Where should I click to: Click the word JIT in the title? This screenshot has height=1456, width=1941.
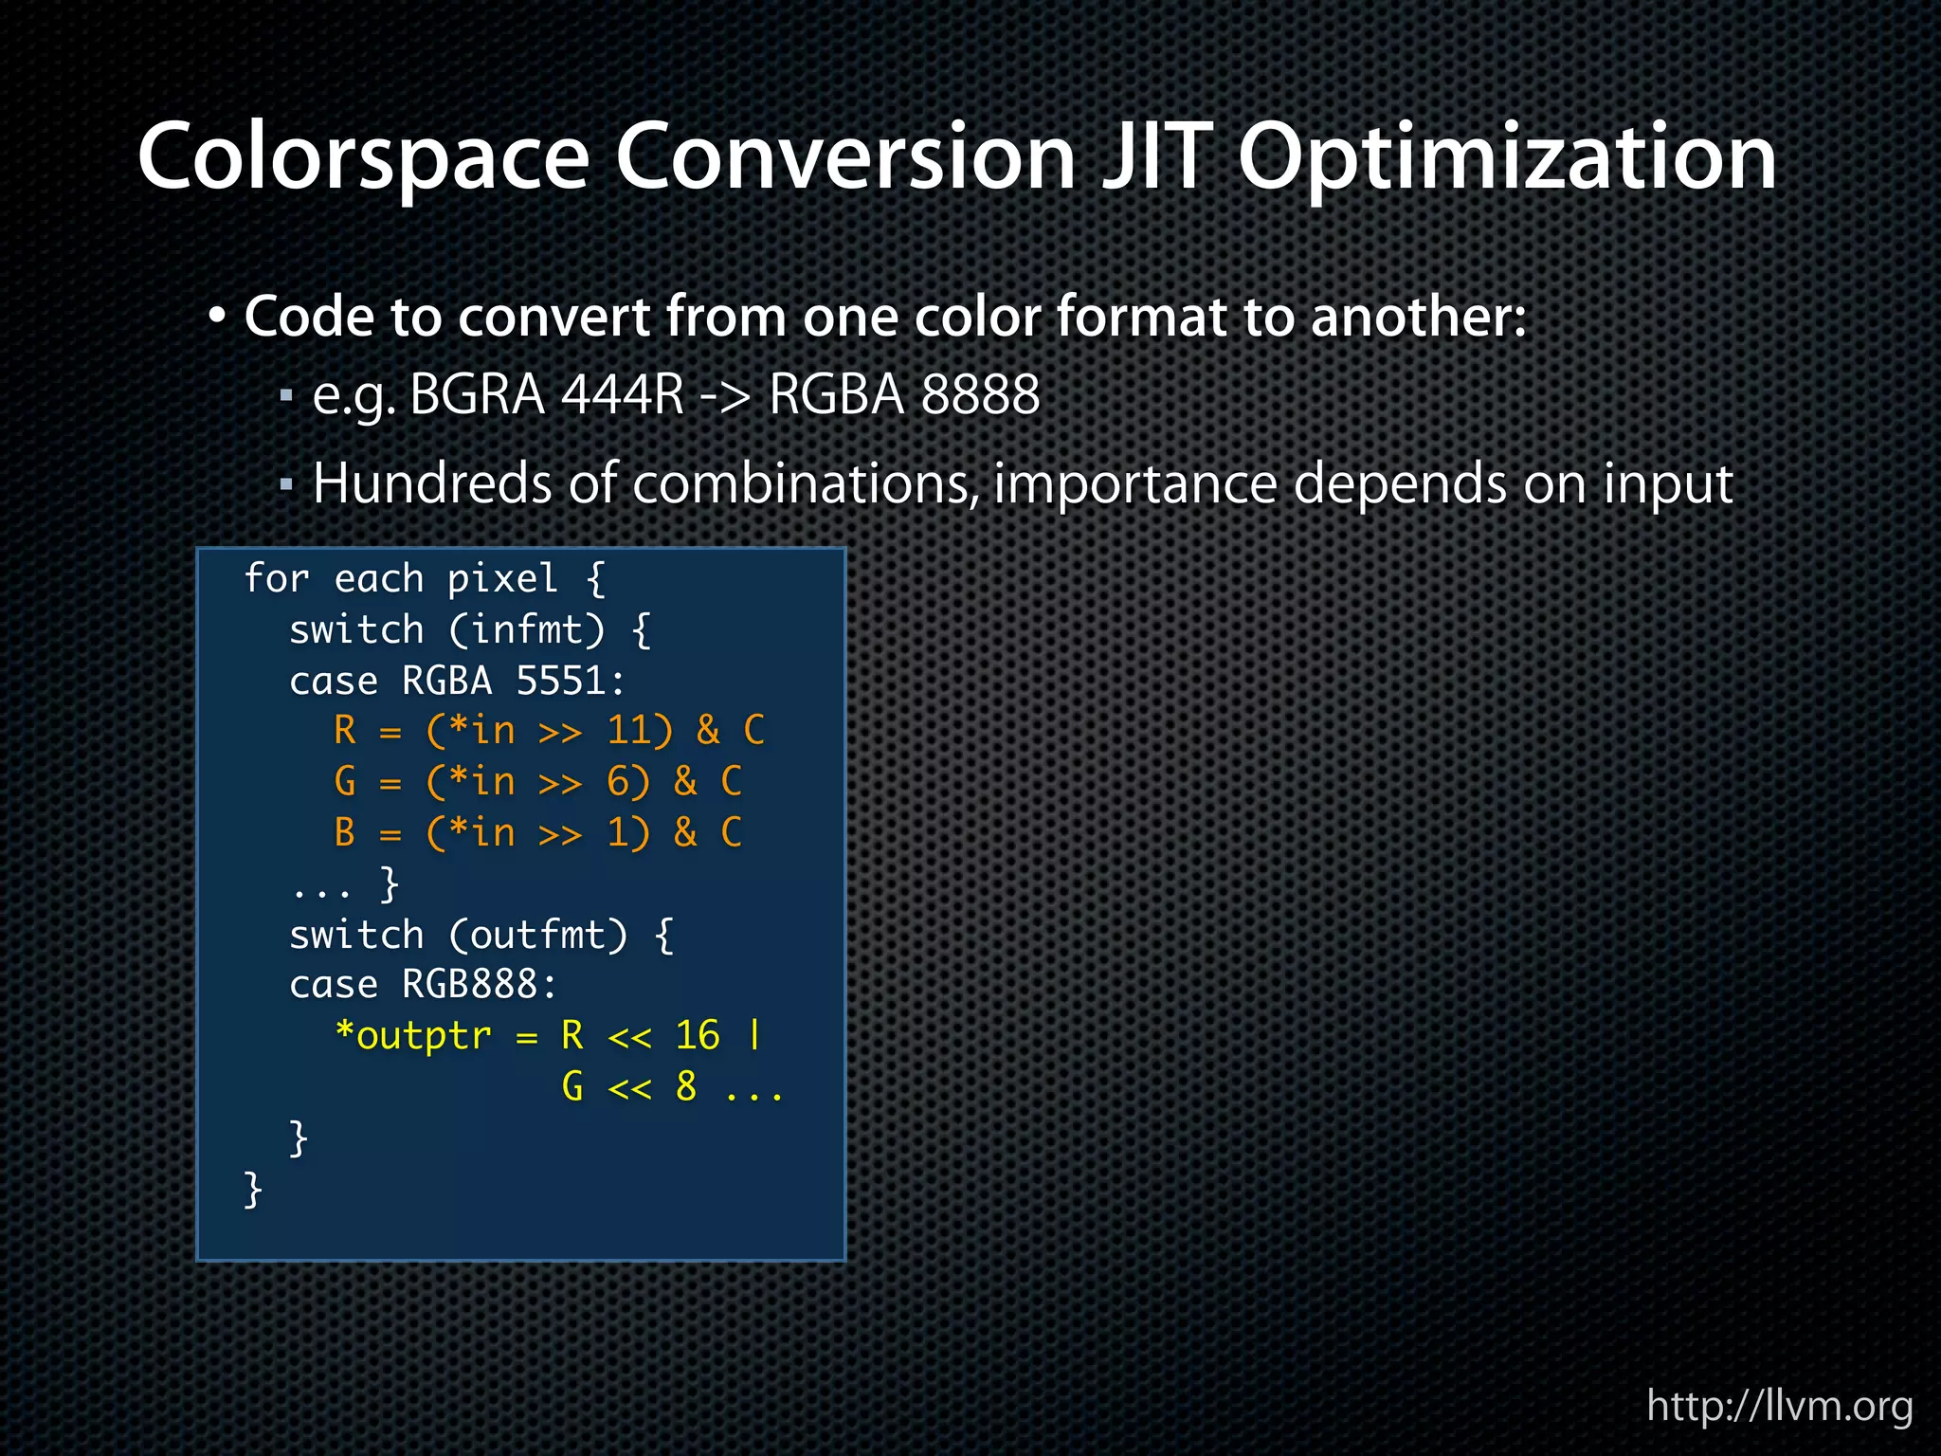[x=1157, y=156]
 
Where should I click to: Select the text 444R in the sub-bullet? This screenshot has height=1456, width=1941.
[x=622, y=394]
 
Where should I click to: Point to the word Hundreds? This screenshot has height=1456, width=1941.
[x=432, y=483]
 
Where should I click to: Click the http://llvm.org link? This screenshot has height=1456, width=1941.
[x=1779, y=1405]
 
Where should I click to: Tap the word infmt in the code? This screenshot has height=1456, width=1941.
[x=526, y=629]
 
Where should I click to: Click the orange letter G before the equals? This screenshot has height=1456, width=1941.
[x=345, y=782]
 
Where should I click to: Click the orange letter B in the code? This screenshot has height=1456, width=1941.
[x=345, y=832]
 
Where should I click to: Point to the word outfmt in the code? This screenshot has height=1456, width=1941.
[x=537, y=936]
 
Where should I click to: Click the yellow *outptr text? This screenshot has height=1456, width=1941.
[x=414, y=1035]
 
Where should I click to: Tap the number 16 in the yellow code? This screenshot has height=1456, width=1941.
[x=698, y=1035]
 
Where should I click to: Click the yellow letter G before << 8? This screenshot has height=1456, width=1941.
[x=572, y=1086]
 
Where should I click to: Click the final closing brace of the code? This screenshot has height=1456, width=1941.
[x=252, y=1189]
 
